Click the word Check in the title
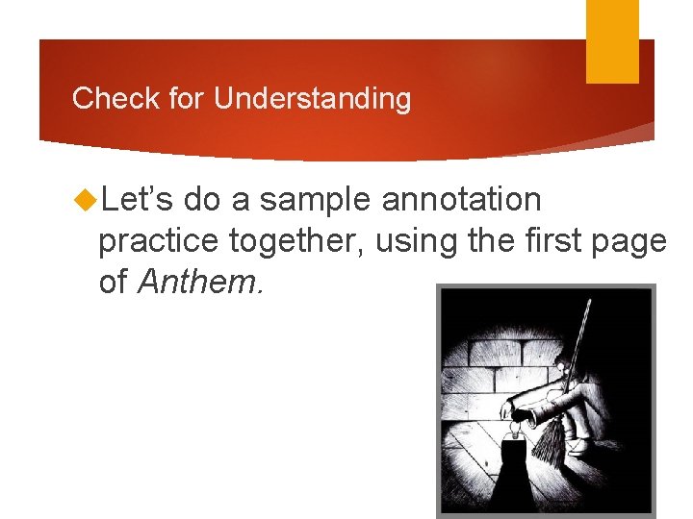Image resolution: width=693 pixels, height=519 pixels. pos(106,98)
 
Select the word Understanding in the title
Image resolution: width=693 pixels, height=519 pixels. pos(312,99)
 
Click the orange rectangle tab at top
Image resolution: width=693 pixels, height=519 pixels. pos(612,40)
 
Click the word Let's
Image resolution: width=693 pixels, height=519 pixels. pos(137,200)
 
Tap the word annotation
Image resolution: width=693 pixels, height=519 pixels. pos(461,200)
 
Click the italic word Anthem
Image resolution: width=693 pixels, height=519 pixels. pos(199,283)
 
